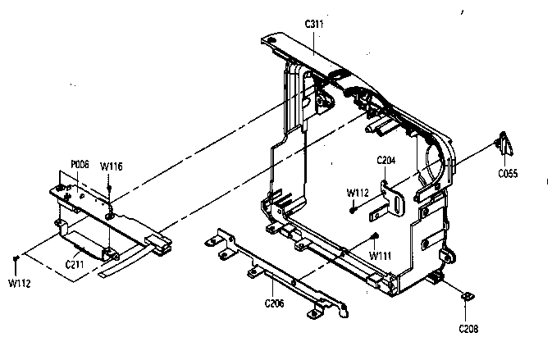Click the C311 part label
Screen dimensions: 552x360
314,24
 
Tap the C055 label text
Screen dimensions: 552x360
508,173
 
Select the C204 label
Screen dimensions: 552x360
386,160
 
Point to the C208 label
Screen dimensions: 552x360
468,329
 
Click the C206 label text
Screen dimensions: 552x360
274,303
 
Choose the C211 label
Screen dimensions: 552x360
75,264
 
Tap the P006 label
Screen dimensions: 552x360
80,164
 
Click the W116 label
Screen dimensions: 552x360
112,166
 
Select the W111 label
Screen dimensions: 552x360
381,256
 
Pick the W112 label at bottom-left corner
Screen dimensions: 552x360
20,283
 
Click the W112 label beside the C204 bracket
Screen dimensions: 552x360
358,193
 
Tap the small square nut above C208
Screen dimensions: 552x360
468,298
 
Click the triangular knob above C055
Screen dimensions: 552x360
504,144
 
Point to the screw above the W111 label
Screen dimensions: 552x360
375,236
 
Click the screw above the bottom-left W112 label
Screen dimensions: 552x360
16,258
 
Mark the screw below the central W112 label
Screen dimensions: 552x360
352,211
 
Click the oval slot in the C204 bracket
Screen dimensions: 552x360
399,205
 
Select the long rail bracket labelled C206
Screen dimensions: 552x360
276,273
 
